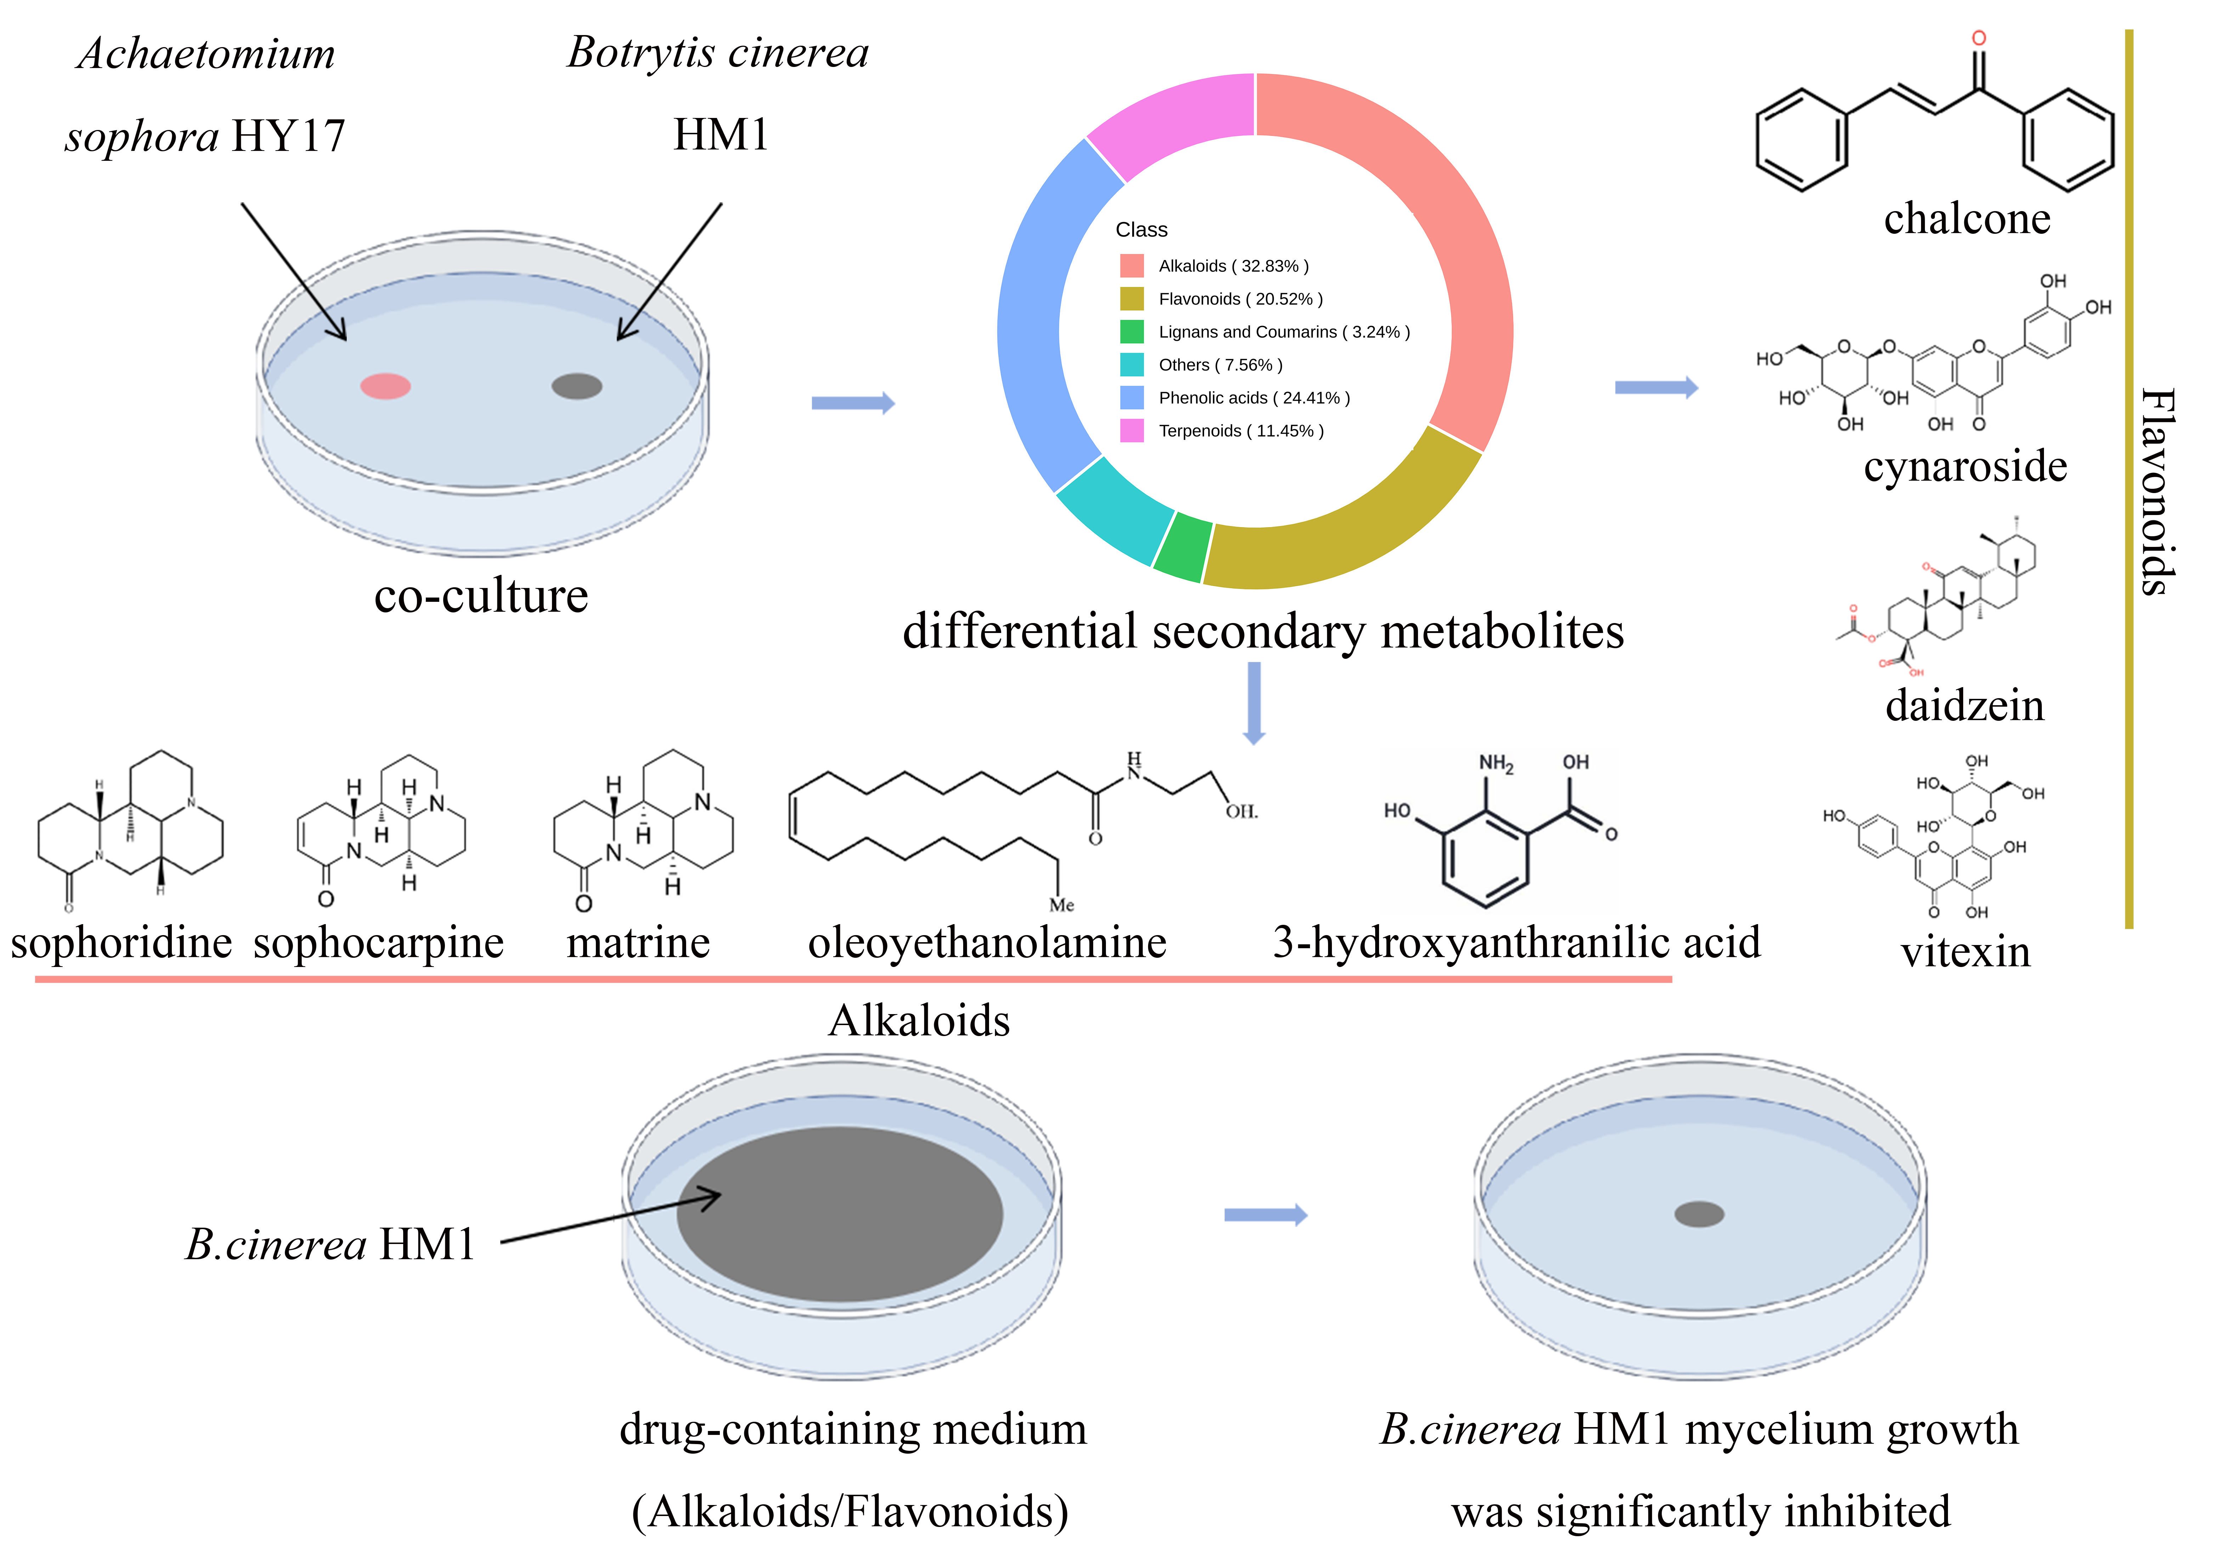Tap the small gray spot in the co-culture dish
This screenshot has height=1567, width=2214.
(x=577, y=386)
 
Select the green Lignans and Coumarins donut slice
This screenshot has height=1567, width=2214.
(x=1183, y=548)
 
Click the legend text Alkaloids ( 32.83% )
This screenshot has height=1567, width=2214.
(x=1233, y=266)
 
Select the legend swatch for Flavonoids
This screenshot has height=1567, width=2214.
(x=1131, y=299)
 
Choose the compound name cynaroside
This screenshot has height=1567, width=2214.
(x=1965, y=466)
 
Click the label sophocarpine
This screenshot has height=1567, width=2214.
(x=378, y=943)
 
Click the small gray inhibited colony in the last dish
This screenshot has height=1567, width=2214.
(x=1699, y=1214)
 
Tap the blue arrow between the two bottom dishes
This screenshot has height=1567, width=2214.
(x=1265, y=1215)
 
